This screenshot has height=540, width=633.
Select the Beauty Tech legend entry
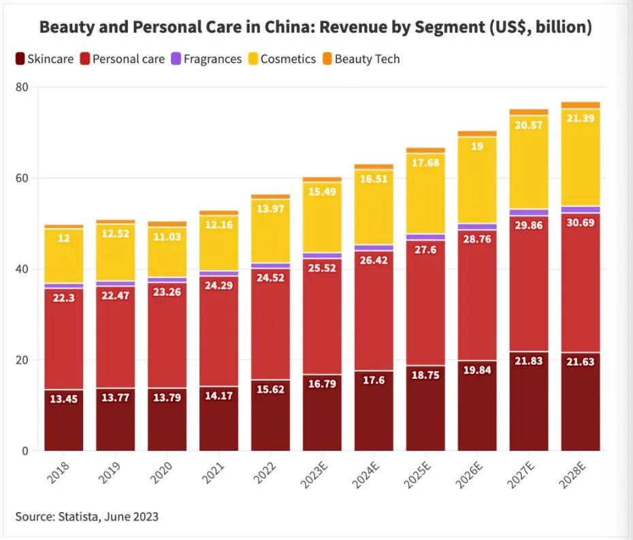point(361,59)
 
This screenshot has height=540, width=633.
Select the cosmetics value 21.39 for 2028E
point(581,120)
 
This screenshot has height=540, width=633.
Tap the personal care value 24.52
point(271,278)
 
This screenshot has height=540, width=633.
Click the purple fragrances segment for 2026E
point(477,226)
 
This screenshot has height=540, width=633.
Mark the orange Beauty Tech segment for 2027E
point(529,112)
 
